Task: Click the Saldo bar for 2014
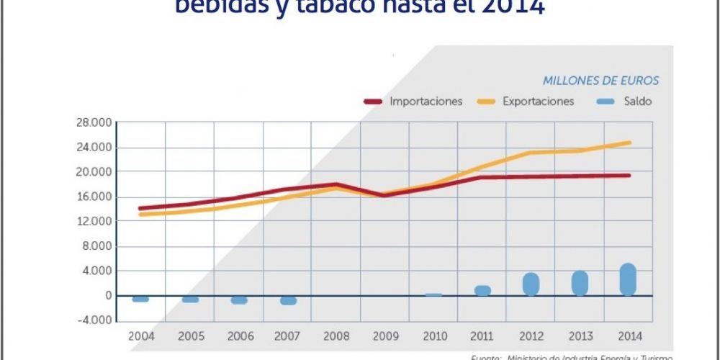coord(629,279)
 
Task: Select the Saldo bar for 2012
coord(531,284)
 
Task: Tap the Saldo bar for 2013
coord(580,283)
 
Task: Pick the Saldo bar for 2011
coord(482,290)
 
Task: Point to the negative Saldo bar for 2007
coord(288,300)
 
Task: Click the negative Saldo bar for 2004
coord(140,299)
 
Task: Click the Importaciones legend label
coord(426,102)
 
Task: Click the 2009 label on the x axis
coord(386,336)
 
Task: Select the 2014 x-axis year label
coord(629,336)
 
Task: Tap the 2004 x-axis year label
coord(141,336)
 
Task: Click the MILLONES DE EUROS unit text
coord(601,81)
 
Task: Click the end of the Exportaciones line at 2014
coord(630,143)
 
